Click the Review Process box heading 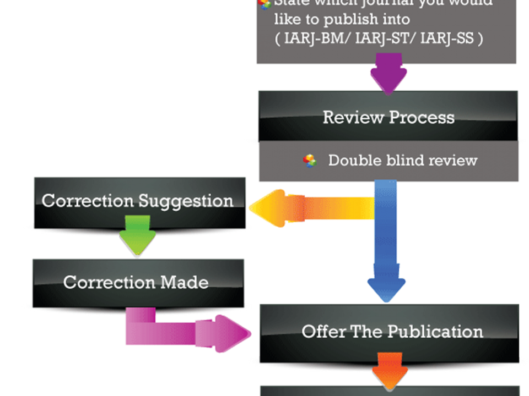click(x=388, y=117)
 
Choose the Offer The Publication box click(x=392, y=332)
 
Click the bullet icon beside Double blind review click(x=310, y=161)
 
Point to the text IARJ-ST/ click(x=374, y=39)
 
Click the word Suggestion click(x=186, y=201)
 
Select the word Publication click(x=435, y=332)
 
